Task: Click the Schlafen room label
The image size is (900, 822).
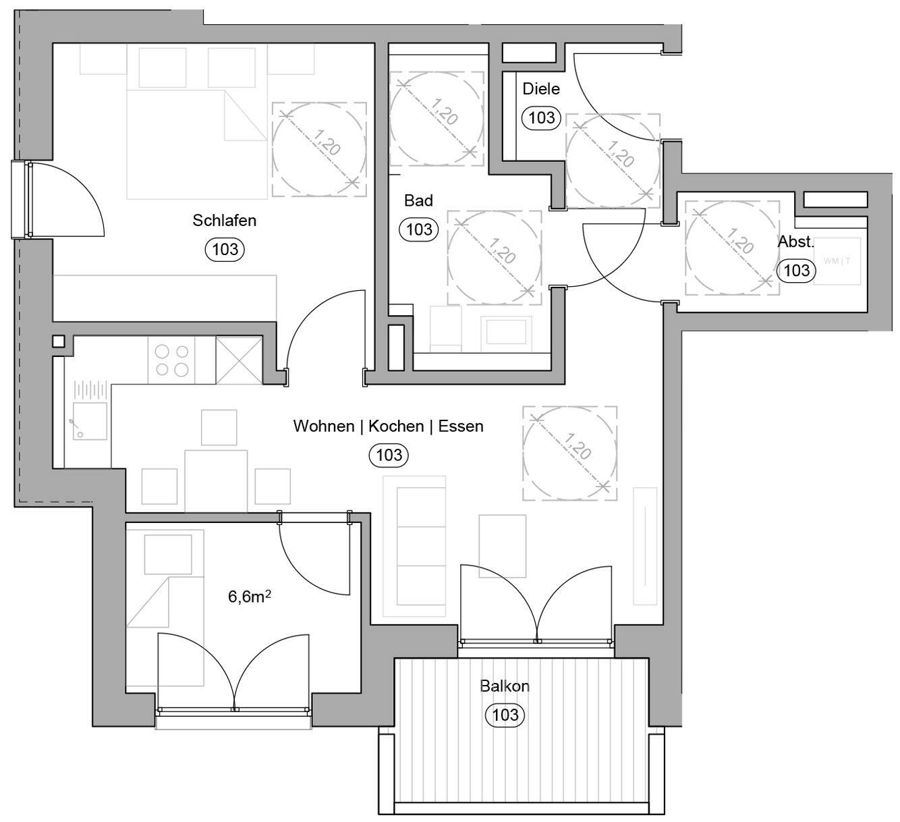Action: click(224, 221)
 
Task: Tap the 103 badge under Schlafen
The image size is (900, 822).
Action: click(225, 250)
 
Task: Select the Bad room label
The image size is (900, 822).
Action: click(418, 200)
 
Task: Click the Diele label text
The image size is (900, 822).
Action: click(541, 89)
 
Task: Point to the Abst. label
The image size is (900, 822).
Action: click(796, 242)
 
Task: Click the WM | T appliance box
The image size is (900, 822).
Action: click(837, 261)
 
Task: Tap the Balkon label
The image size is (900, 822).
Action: click(505, 686)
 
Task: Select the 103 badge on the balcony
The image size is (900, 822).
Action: click(505, 715)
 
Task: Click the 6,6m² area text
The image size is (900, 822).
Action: click(250, 597)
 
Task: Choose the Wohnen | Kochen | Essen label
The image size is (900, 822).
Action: click(388, 427)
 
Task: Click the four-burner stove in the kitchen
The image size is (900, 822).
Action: click(172, 360)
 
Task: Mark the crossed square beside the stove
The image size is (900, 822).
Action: click(239, 360)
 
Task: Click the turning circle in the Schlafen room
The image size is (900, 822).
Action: click(319, 149)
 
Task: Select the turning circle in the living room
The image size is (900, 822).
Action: click(569, 454)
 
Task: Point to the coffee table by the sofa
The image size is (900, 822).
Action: click(502, 545)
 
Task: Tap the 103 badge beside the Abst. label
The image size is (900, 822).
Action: click(796, 271)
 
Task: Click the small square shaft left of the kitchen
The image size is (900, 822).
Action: click(59, 341)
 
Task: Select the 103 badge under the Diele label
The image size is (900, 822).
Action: click(541, 118)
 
